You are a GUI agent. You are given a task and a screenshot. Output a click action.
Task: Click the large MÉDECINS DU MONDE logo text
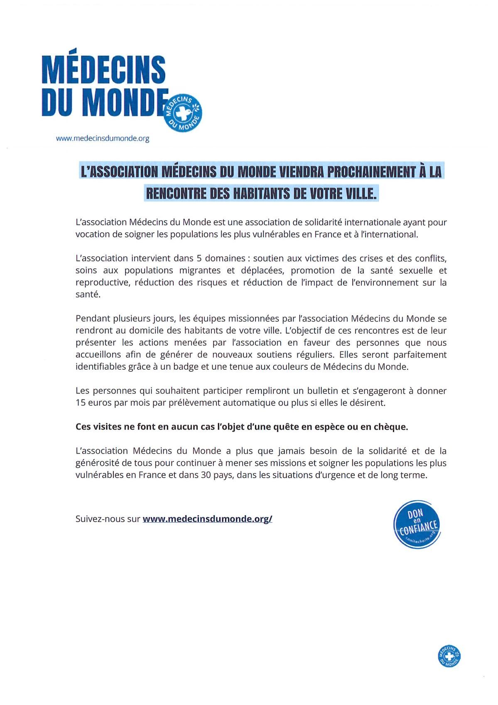click(x=104, y=85)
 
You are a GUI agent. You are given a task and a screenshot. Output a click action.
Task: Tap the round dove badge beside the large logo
click(x=183, y=112)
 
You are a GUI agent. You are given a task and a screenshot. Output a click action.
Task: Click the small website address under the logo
click(x=103, y=139)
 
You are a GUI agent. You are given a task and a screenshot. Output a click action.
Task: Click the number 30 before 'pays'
click(x=206, y=475)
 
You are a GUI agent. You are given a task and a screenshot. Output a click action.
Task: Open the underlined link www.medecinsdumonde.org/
click(x=207, y=519)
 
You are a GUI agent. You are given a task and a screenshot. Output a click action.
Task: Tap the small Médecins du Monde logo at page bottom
click(x=449, y=656)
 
